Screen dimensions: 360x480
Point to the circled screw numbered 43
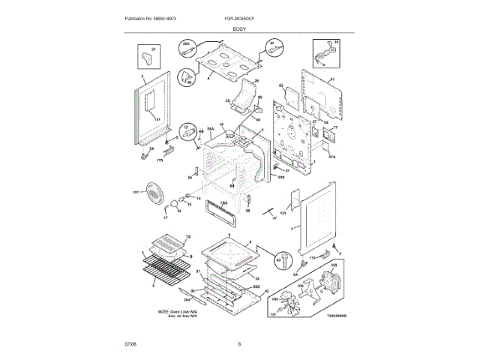(285, 260)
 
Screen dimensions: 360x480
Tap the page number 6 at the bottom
(239, 344)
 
